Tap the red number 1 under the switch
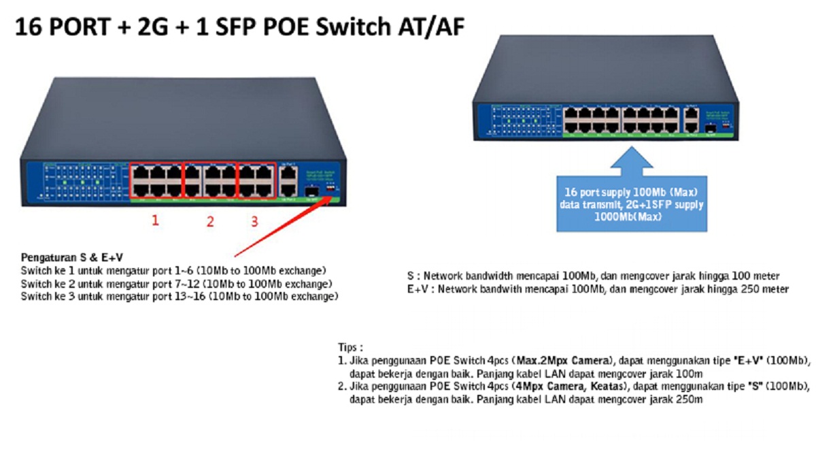coord(155,220)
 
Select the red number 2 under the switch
coord(210,221)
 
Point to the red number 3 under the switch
coord(254,221)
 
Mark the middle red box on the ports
coord(210,163)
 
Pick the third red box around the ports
coord(256,163)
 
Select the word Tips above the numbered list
coord(352,346)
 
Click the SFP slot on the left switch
coord(311,191)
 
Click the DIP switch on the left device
coord(331,185)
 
